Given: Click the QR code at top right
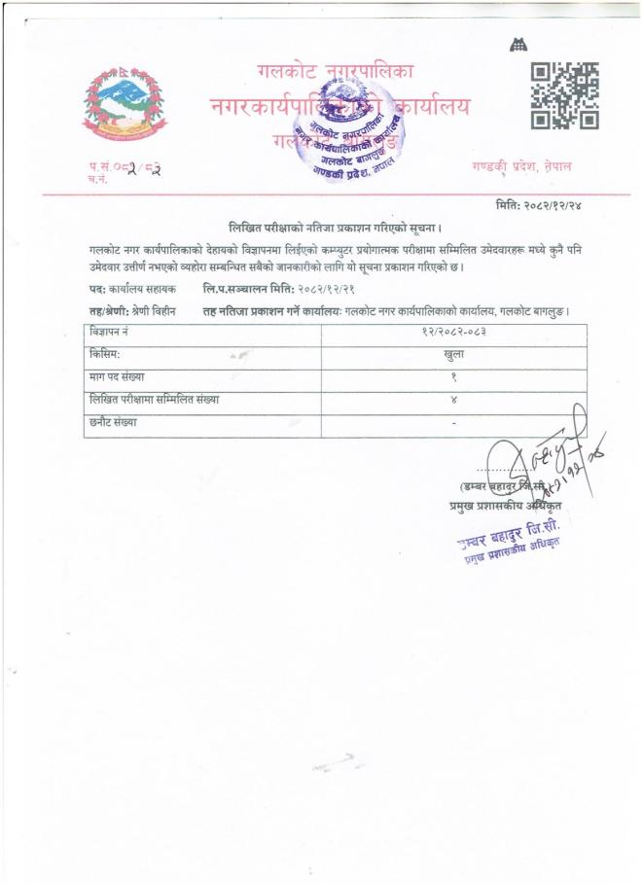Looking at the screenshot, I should click(x=563, y=95).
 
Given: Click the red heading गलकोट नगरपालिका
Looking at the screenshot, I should click(x=336, y=71).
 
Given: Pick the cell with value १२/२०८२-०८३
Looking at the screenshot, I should click(x=453, y=334).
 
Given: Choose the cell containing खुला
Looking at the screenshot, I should click(x=453, y=356).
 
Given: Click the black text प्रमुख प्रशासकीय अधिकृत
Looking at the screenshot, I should click(x=498, y=505).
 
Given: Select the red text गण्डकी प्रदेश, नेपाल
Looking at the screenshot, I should click(x=520, y=166).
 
